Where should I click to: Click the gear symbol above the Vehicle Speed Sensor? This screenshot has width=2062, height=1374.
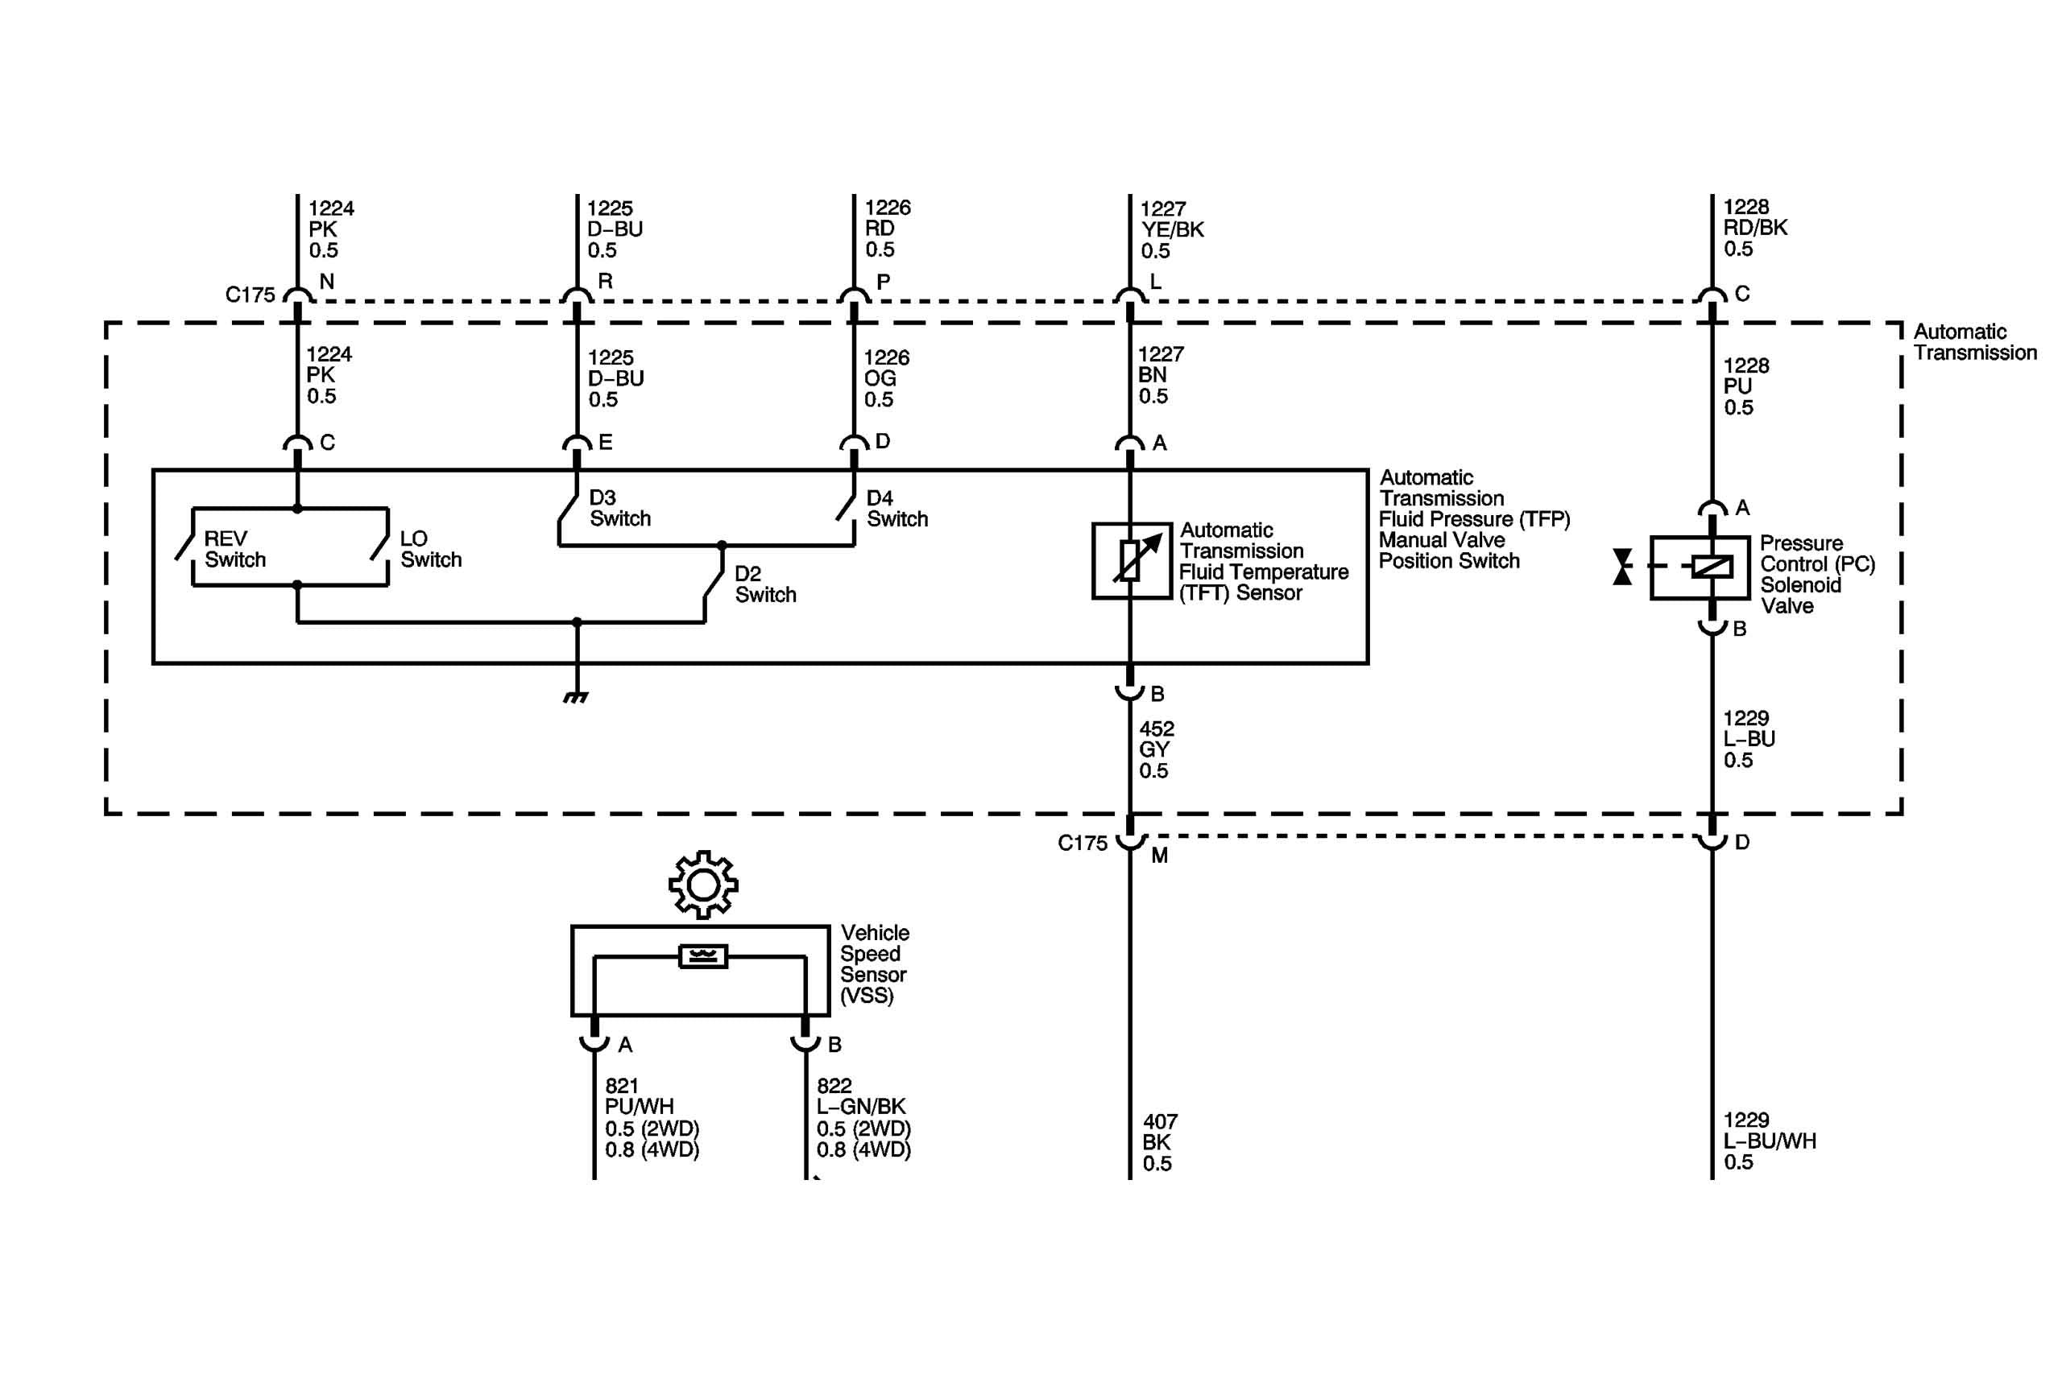(702, 885)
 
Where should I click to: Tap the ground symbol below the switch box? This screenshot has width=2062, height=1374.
(576, 698)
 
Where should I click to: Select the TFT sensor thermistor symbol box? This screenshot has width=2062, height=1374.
(1131, 561)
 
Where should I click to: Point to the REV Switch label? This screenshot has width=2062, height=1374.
(234, 550)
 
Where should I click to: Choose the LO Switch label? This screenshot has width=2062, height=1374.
(429, 550)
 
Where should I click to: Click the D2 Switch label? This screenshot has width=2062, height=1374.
(764, 584)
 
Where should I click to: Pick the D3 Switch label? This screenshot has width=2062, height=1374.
(619, 508)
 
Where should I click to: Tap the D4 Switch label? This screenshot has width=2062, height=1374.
(896, 508)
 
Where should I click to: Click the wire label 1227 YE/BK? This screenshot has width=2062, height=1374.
(1171, 229)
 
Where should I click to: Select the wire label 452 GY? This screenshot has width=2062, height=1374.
(1156, 749)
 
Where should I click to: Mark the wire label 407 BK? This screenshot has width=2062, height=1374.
(1159, 1142)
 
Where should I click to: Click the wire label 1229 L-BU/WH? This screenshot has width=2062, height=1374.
(1768, 1140)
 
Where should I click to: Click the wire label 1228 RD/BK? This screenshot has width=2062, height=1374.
(1754, 228)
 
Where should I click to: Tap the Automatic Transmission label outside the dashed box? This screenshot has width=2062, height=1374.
(1973, 343)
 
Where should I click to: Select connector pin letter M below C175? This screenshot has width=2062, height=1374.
(1159, 856)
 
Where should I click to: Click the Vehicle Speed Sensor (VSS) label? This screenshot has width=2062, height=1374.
(873, 964)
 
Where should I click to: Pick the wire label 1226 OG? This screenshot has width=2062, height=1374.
(885, 378)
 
